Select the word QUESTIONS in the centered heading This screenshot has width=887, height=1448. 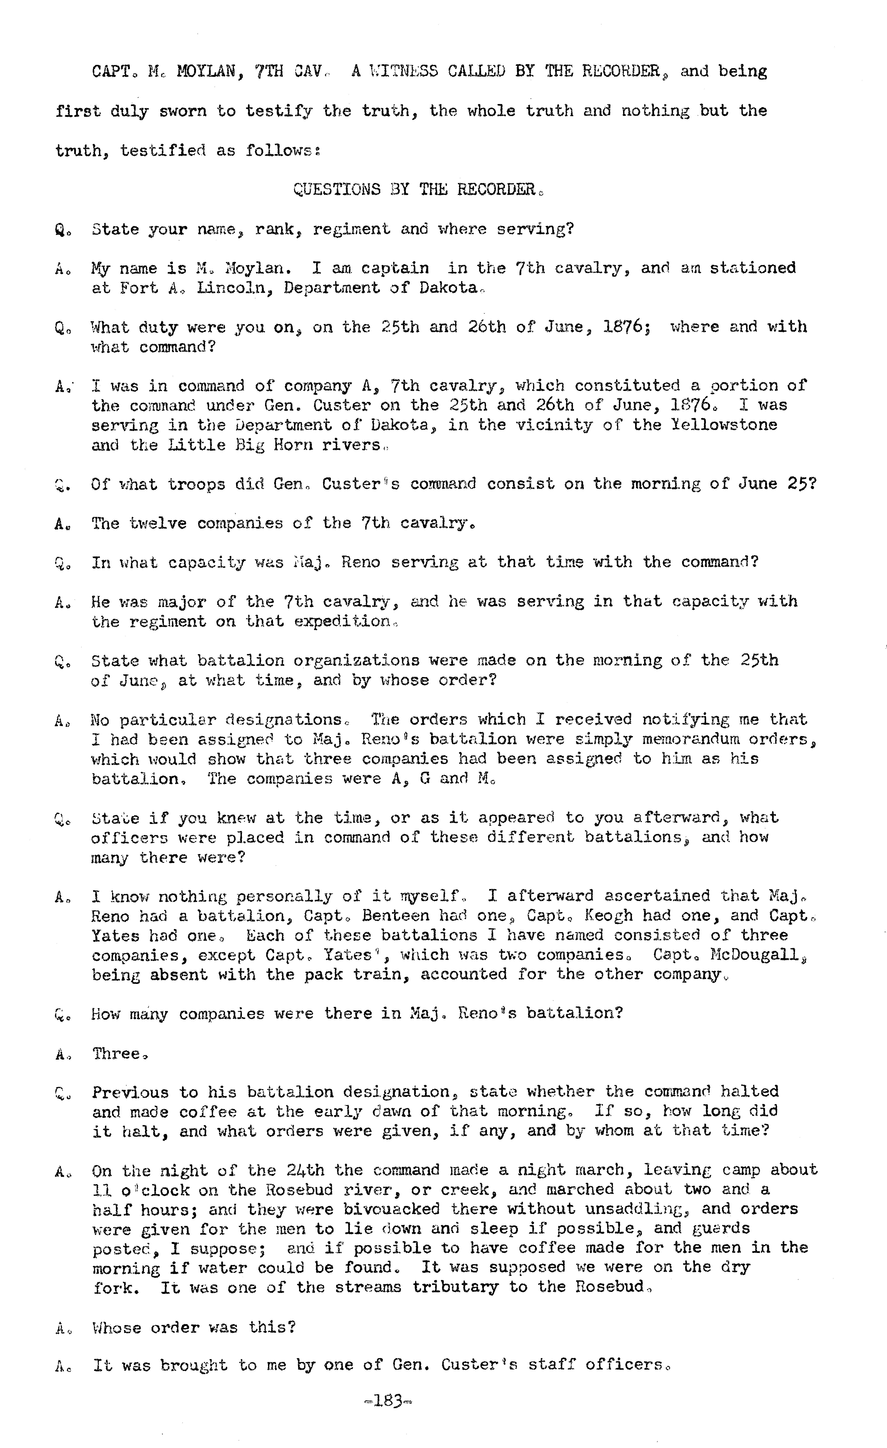337,189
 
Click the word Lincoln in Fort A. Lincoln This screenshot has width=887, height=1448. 230,288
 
